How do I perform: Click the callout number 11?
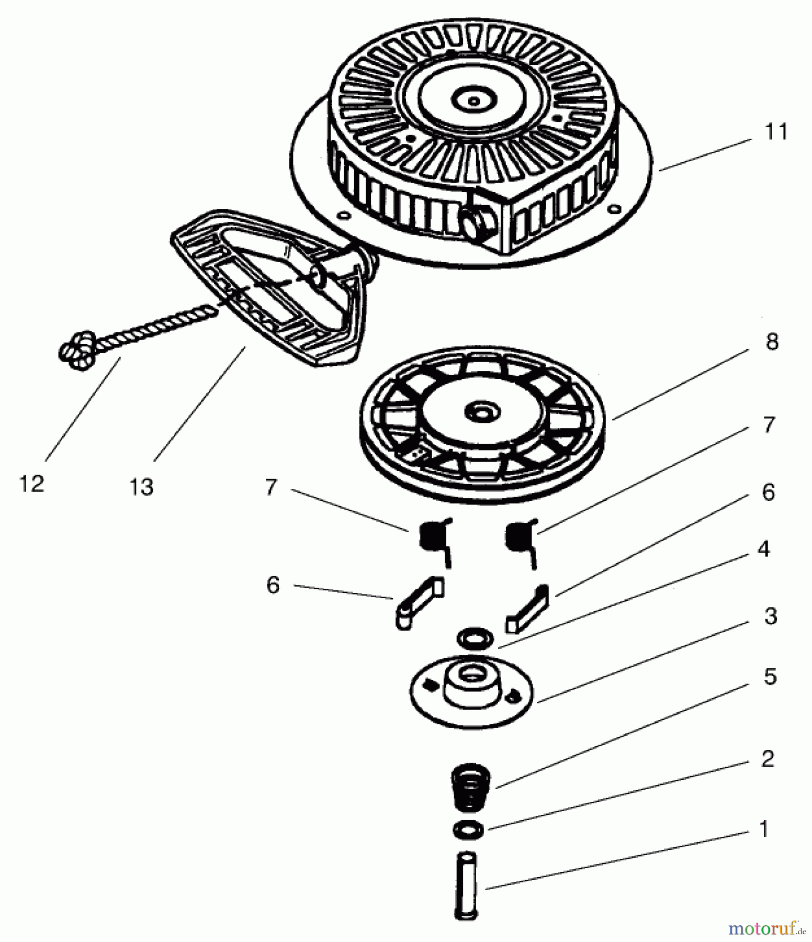click(776, 132)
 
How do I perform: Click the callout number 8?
click(772, 342)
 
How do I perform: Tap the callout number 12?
click(31, 484)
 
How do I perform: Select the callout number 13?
click(141, 487)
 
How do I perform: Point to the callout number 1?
click(763, 829)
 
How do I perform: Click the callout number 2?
click(767, 759)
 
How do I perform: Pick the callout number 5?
click(770, 677)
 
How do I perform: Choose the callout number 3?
click(770, 616)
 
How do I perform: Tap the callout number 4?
click(763, 549)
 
